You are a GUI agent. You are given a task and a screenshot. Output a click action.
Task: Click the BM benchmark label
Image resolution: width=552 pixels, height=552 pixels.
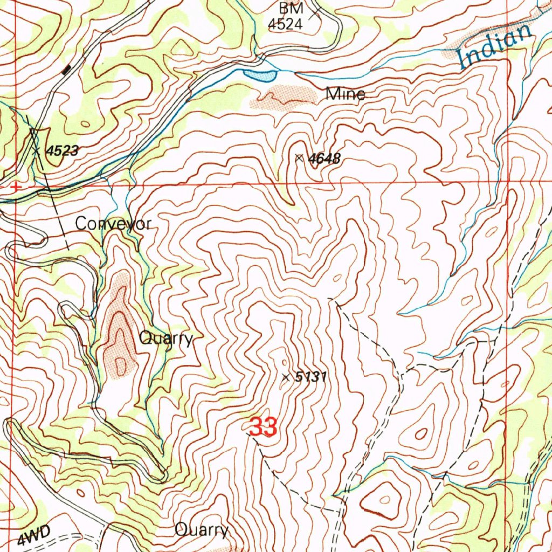[291, 9]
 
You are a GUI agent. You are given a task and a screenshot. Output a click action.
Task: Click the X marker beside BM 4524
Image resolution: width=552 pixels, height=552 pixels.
[315, 12]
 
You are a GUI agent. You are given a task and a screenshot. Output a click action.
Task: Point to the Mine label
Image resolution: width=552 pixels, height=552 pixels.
[346, 95]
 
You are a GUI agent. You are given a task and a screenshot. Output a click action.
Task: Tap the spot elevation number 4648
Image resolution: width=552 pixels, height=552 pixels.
[325, 158]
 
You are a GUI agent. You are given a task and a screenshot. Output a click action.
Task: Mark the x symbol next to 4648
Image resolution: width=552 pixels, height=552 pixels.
[299, 157]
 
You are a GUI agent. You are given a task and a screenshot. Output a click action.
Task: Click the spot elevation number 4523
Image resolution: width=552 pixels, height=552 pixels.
[62, 151]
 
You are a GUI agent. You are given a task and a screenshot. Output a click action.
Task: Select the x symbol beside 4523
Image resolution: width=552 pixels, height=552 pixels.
[36, 151]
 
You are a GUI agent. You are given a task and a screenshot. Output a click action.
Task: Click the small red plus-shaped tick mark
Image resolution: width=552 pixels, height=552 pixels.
[16, 187]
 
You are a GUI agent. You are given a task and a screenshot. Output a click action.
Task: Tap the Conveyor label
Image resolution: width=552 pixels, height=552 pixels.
[113, 224]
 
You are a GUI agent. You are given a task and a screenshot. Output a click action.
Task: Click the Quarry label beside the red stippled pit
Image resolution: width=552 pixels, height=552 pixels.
[165, 339]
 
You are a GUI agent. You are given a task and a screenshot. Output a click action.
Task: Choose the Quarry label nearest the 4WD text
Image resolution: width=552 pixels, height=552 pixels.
[202, 530]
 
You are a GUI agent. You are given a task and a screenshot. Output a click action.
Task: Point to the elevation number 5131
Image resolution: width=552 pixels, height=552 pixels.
[311, 377]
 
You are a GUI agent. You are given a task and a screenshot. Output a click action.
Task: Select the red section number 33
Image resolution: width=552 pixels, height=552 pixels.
[263, 427]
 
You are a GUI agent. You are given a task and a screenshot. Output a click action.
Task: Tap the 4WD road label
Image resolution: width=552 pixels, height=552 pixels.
[33, 537]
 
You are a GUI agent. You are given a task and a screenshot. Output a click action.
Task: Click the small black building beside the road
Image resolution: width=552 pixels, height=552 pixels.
[67, 69]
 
